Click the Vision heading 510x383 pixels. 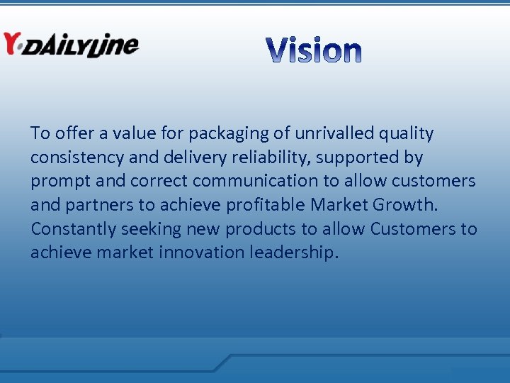click(314, 50)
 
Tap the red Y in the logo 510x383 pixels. click(12, 43)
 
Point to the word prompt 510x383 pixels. click(60, 182)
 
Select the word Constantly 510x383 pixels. click(73, 229)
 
